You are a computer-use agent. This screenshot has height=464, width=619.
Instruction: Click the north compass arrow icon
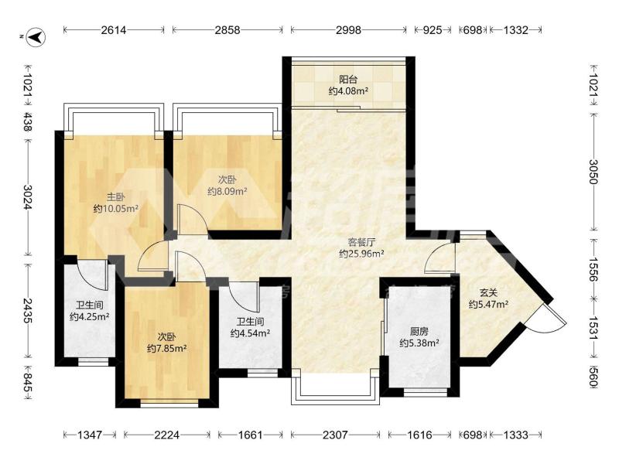click(37, 36)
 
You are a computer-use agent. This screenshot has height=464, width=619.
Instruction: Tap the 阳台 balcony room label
click(348, 80)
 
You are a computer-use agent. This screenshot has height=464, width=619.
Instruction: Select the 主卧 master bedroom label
click(115, 197)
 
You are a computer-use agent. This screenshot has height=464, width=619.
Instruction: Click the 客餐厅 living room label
click(361, 242)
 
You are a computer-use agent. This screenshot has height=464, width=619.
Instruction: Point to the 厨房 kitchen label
click(419, 332)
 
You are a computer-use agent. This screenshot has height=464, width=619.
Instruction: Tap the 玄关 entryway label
click(488, 293)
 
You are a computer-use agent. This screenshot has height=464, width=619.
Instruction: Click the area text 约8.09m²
click(227, 192)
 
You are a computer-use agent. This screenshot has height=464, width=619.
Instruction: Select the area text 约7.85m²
click(167, 349)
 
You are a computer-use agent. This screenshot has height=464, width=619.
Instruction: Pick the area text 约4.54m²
click(250, 333)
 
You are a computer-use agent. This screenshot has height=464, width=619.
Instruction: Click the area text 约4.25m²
click(90, 316)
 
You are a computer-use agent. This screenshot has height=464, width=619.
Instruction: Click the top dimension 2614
click(113, 30)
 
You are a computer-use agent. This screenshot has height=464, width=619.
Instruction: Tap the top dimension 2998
click(349, 30)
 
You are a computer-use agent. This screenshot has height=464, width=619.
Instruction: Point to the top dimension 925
click(433, 30)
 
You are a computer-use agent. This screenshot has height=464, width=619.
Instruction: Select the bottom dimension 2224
click(166, 435)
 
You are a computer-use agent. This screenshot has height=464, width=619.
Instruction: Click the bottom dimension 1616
click(419, 435)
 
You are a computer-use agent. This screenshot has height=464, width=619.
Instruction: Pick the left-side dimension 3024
click(28, 197)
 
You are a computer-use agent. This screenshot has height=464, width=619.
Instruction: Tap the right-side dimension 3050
click(593, 172)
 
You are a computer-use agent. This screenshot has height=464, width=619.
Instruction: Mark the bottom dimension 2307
click(335, 435)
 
